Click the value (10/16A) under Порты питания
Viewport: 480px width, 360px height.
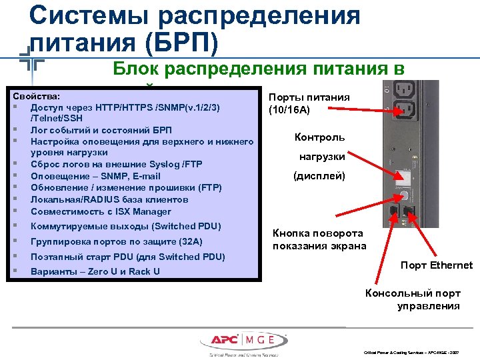point(289,110)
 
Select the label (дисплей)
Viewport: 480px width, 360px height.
point(319,176)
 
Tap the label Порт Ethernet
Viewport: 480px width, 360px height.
point(436,265)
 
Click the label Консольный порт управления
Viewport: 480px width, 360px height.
point(419,299)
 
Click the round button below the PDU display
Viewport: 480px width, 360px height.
point(403,195)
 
